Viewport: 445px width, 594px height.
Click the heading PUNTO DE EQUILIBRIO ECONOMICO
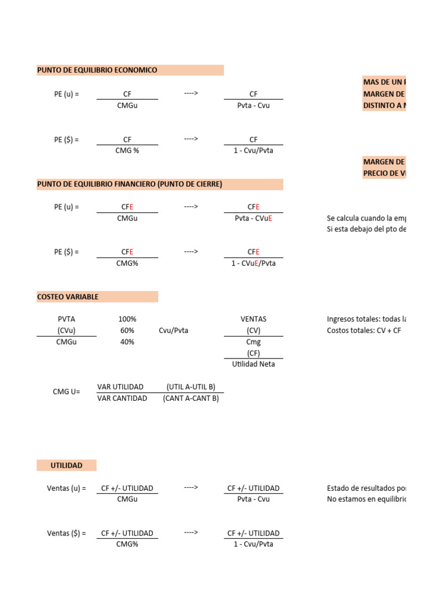click(x=97, y=70)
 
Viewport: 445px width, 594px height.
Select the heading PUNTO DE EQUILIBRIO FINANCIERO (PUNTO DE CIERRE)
click(x=130, y=184)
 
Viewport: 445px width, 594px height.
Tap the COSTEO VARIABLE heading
click(x=68, y=297)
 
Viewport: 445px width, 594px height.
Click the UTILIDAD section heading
click(x=67, y=466)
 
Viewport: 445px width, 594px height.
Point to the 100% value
click(x=127, y=320)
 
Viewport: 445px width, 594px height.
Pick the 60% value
click(x=127, y=331)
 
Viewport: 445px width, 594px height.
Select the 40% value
click(x=127, y=342)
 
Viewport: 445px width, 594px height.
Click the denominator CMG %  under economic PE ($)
click(x=127, y=150)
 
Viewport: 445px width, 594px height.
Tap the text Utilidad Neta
click(x=253, y=364)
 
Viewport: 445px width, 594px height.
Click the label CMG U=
click(x=66, y=392)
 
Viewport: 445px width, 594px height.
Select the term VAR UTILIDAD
click(x=122, y=387)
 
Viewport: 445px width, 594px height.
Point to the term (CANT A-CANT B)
click(x=191, y=399)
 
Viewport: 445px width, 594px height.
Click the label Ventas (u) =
click(x=66, y=488)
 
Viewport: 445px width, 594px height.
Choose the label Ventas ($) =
click(x=66, y=533)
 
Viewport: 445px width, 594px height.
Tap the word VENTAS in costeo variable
click(x=253, y=320)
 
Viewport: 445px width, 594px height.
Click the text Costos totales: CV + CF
click(x=364, y=331)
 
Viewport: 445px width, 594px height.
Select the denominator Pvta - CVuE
click(x=253, y=219)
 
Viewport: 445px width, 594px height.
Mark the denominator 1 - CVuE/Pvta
click(x=253, y=263)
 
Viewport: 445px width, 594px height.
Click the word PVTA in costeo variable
click(x=67, y=320)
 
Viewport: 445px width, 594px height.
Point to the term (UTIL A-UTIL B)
click(x=191, y=387)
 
